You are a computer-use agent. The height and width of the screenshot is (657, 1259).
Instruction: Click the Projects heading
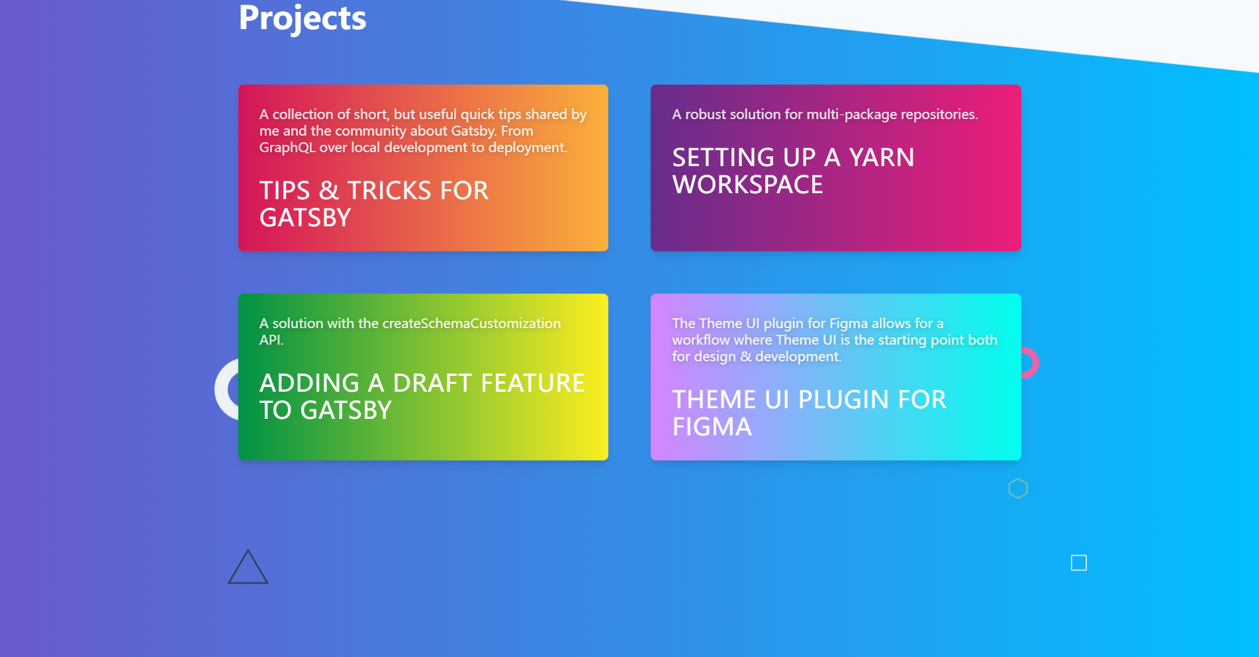302,18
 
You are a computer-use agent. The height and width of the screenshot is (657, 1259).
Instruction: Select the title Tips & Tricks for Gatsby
374,204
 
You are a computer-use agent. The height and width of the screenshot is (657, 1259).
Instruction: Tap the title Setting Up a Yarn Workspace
793,171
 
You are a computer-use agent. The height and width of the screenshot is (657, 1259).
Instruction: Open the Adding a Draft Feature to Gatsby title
422,396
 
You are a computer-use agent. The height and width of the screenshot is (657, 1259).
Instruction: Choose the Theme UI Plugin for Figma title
809,413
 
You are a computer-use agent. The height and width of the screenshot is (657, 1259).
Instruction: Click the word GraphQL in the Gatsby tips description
287,148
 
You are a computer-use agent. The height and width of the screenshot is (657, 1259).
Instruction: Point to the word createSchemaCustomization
471,324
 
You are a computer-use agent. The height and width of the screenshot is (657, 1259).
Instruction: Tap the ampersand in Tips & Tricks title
329,191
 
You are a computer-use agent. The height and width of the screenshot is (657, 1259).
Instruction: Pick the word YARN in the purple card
882,157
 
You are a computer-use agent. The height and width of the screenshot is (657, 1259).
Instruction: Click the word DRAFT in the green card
432,383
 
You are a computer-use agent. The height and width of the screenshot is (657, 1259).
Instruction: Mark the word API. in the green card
271,340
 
